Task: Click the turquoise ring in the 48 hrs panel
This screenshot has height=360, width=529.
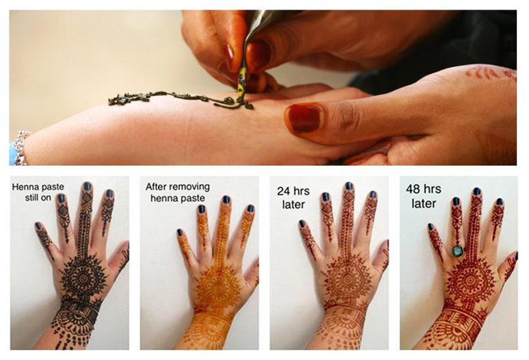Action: [458, 251]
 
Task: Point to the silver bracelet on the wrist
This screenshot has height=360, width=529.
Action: [22, 147]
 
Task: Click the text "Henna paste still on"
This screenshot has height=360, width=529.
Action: [38, 192]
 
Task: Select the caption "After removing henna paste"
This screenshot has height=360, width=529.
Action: [177, 192]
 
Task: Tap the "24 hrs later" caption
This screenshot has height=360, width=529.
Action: [293, 198]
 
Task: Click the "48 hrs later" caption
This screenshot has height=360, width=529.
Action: [424, 196]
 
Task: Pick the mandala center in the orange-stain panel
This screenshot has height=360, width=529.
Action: [218, 288]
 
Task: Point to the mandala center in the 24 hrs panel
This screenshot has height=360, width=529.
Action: [347, 279]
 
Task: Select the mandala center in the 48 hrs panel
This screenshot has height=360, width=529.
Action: [470, 280]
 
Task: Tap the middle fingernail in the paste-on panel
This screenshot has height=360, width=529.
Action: [87, 186]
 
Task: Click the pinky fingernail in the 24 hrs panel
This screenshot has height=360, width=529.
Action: [302, 224]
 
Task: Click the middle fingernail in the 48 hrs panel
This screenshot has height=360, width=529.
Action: [476, 192]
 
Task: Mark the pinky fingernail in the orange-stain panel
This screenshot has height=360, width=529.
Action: [180, 233]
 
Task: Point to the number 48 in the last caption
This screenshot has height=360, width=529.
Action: [413, 189]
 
